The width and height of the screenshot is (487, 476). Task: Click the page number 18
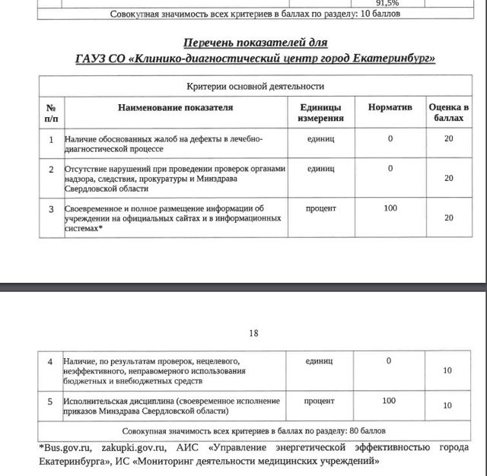coord(254,332)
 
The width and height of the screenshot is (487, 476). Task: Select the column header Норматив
coord(390,108)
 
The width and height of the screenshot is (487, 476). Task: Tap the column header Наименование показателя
coord(175,108)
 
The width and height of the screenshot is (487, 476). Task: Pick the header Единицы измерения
coord(320,113)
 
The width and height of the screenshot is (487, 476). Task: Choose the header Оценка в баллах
coord(448,113)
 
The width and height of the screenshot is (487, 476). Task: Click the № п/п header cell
coord(51,113)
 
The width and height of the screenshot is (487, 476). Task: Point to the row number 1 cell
coord(51,140)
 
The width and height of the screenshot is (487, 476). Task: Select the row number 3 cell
coord(51,208)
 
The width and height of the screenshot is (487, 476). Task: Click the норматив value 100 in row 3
coord(390,208)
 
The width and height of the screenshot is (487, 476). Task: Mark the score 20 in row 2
coord(448,178)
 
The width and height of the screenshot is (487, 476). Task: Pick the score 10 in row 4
coord(448,370)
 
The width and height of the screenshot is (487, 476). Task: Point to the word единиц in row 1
coord(320,139)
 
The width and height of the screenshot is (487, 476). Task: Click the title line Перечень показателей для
coord(255,43)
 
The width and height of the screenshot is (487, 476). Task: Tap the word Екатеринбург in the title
coord(391,59)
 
